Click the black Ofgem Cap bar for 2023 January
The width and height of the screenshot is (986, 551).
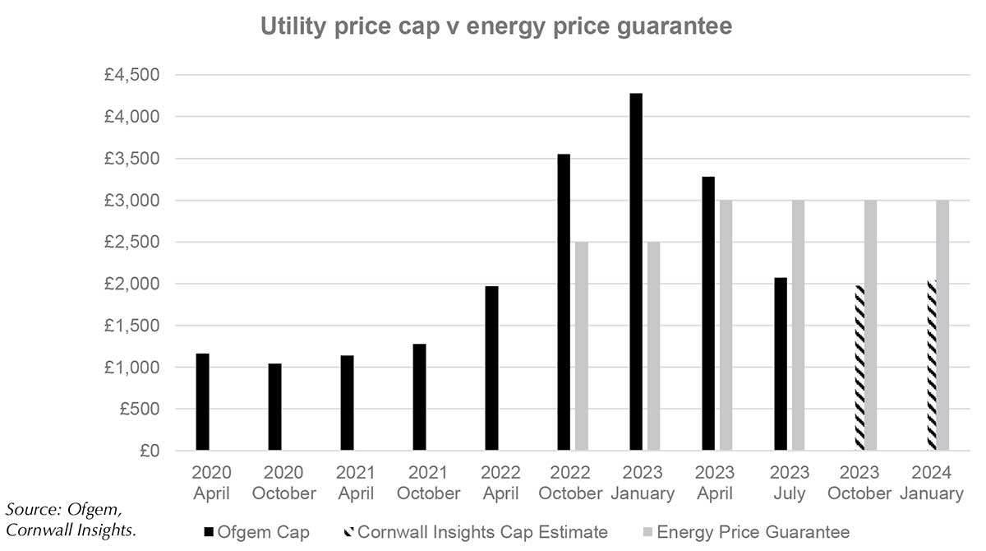coord(636,271)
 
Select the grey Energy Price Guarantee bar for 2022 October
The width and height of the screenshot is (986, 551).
coord(582,346)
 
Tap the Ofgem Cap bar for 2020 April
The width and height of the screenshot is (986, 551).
coord(202,402)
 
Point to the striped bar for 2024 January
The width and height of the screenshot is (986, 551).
coord(932,365)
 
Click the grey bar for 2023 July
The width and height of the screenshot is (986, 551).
coord(799,326)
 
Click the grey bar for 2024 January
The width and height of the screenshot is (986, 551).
coord(942,326)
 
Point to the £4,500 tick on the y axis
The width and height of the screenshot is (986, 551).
coord(136,76)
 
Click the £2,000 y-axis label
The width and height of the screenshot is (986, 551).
coord(136,285)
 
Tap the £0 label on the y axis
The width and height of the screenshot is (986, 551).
coord(148,451)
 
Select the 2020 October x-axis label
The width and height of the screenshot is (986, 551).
coord(283,484)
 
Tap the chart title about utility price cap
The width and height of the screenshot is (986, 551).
coord(496,27)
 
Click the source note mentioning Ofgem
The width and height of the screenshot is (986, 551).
coord(67,520)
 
